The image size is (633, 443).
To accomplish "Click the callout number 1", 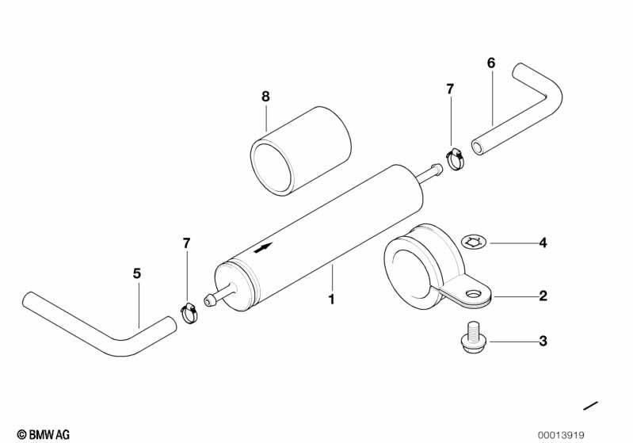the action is click(331, 300).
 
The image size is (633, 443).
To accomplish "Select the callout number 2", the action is click(543, 296).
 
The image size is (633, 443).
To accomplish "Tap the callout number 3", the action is click(543, 341).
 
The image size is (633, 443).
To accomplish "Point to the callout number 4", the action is click(543, 243).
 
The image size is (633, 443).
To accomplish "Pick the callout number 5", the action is click(137, 273).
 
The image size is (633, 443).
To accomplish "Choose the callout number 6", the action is click(491, 63).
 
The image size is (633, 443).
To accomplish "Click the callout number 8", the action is click(265, 97).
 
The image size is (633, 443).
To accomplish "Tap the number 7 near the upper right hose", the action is click(450, 89).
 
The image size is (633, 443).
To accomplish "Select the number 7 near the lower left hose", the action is click(186, 243).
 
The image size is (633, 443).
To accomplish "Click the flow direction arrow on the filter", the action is click(263, 247).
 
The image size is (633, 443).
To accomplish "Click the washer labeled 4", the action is click(474, 243).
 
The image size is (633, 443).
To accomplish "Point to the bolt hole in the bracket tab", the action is click(471, 292).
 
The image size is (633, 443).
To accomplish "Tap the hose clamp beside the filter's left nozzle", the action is click(188, 313).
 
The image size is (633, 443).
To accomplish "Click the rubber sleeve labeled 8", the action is click(300, 151).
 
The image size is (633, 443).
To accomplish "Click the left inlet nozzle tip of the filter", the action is click(208, 301).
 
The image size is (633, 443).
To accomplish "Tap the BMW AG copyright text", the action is click(44, 434).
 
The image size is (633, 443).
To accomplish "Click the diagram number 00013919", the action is click(561, 435).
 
